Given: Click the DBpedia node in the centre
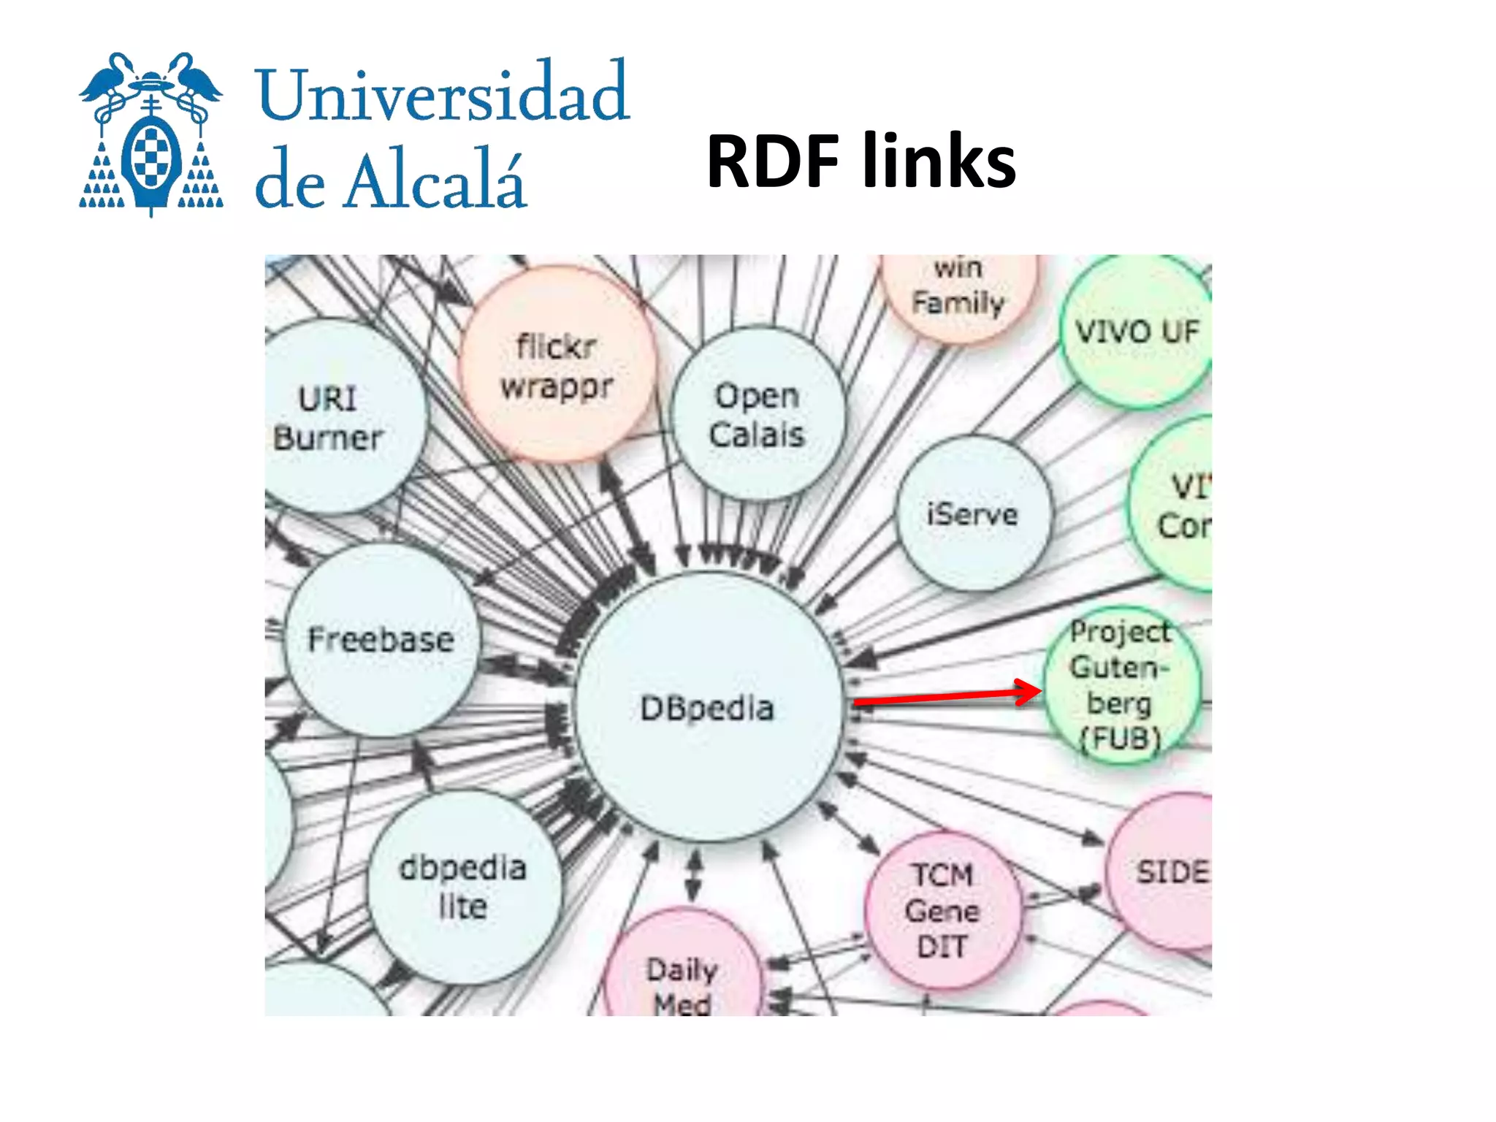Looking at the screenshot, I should click(x=707, y=707).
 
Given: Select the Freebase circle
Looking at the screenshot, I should click(x=381, y=640).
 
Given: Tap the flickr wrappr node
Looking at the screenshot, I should click(x=557, y=365).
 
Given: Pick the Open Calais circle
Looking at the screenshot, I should click(x=757, y=414).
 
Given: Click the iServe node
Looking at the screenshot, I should click(x=972, y=514).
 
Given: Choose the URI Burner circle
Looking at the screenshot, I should click(x=332, y=418).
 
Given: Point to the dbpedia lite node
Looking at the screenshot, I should click(x=463, y=886).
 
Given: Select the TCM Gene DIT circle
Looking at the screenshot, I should click(x=942, y=909).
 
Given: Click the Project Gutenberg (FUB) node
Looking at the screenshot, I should click(x=1120, y=684).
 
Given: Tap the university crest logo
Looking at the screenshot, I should click(x=151, y=135).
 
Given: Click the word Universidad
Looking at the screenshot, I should click(x=442, y=93).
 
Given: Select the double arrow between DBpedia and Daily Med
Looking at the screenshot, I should click(x=694, y=874).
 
